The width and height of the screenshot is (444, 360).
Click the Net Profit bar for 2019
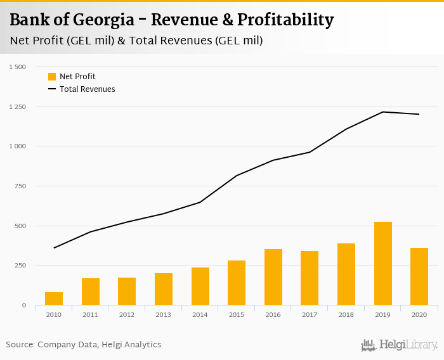(382, 263)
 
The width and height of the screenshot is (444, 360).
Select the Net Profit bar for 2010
(54, 299)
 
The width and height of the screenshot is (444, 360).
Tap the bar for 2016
(273, 277)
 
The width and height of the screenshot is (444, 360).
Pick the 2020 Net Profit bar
(419, 276)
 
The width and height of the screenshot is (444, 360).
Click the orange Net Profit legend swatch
(52, 77)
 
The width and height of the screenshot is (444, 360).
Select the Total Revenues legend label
(87, 89)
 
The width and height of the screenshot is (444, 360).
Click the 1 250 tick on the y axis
(16, 106)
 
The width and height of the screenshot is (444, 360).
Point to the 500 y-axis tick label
(20, 226)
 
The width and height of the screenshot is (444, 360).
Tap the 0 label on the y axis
(24, 305)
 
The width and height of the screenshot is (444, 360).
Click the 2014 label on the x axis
(200, 314)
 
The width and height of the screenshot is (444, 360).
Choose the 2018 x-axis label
(346, 314)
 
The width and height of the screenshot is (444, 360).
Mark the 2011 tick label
(91, 314)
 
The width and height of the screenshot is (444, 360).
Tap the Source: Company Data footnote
(84, 345)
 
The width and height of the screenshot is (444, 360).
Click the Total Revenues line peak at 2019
(382, 112)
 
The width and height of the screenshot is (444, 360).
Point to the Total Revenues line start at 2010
(54, 248)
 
